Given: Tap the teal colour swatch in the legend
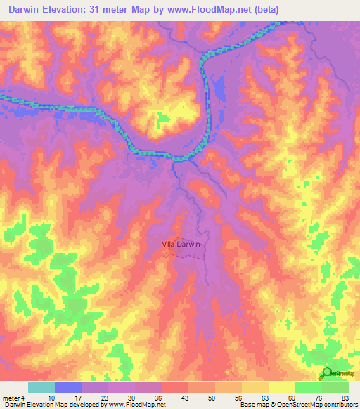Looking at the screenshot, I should coord(41,388).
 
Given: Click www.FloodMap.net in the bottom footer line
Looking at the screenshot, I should coord(133,405).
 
